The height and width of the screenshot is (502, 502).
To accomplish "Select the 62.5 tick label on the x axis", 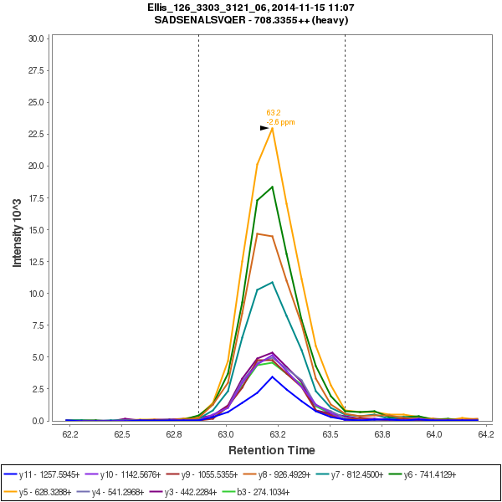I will tap(122, 433).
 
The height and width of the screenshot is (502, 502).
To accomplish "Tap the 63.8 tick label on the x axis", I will tap(382, 433).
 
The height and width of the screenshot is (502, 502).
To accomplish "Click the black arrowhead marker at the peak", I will tap(264, 128).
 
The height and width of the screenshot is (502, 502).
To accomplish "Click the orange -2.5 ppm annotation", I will tap(281, 122).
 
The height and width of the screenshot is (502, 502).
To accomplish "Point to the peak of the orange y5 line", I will tap(273, 128).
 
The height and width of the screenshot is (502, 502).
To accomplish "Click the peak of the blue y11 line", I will tap(273, 376).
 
